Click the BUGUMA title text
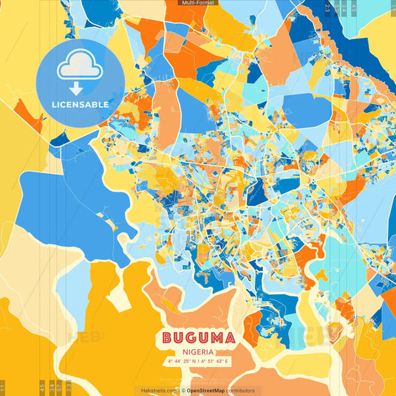[x=198, y=338]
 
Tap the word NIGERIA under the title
[x=198, y=352]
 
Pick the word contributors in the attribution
[x=241, y=390]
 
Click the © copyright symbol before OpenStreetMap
[x=183, y=390]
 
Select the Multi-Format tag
[x=198, y=3]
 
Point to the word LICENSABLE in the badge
[x=79, y=105]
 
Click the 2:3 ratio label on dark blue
[x=327, y=7]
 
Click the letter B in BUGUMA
[x=168, y=338]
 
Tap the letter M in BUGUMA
[x=215, y=338]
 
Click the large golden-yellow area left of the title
[x=111, y=327]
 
